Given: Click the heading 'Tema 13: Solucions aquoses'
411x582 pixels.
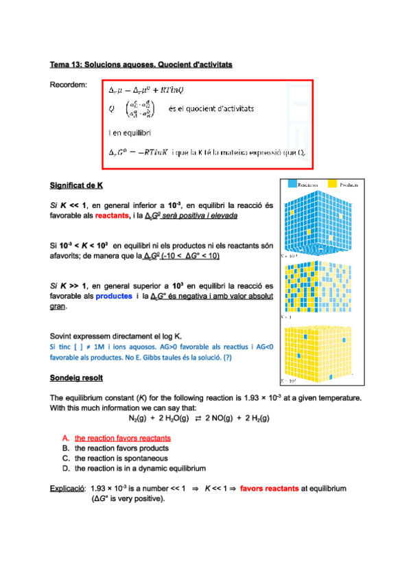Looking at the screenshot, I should (141, 65).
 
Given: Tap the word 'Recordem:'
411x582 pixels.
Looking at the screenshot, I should (69, 84).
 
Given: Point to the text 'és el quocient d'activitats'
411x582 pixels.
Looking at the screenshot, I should (211, 108).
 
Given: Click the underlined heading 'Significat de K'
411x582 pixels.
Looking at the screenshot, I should (76, 185).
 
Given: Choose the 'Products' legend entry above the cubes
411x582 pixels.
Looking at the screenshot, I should (344, 185).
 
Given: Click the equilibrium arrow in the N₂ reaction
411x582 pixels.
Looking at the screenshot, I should (197, 418).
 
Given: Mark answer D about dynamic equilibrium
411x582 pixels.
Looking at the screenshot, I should (140, 468).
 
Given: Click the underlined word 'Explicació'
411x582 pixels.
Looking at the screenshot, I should (67, 489).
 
